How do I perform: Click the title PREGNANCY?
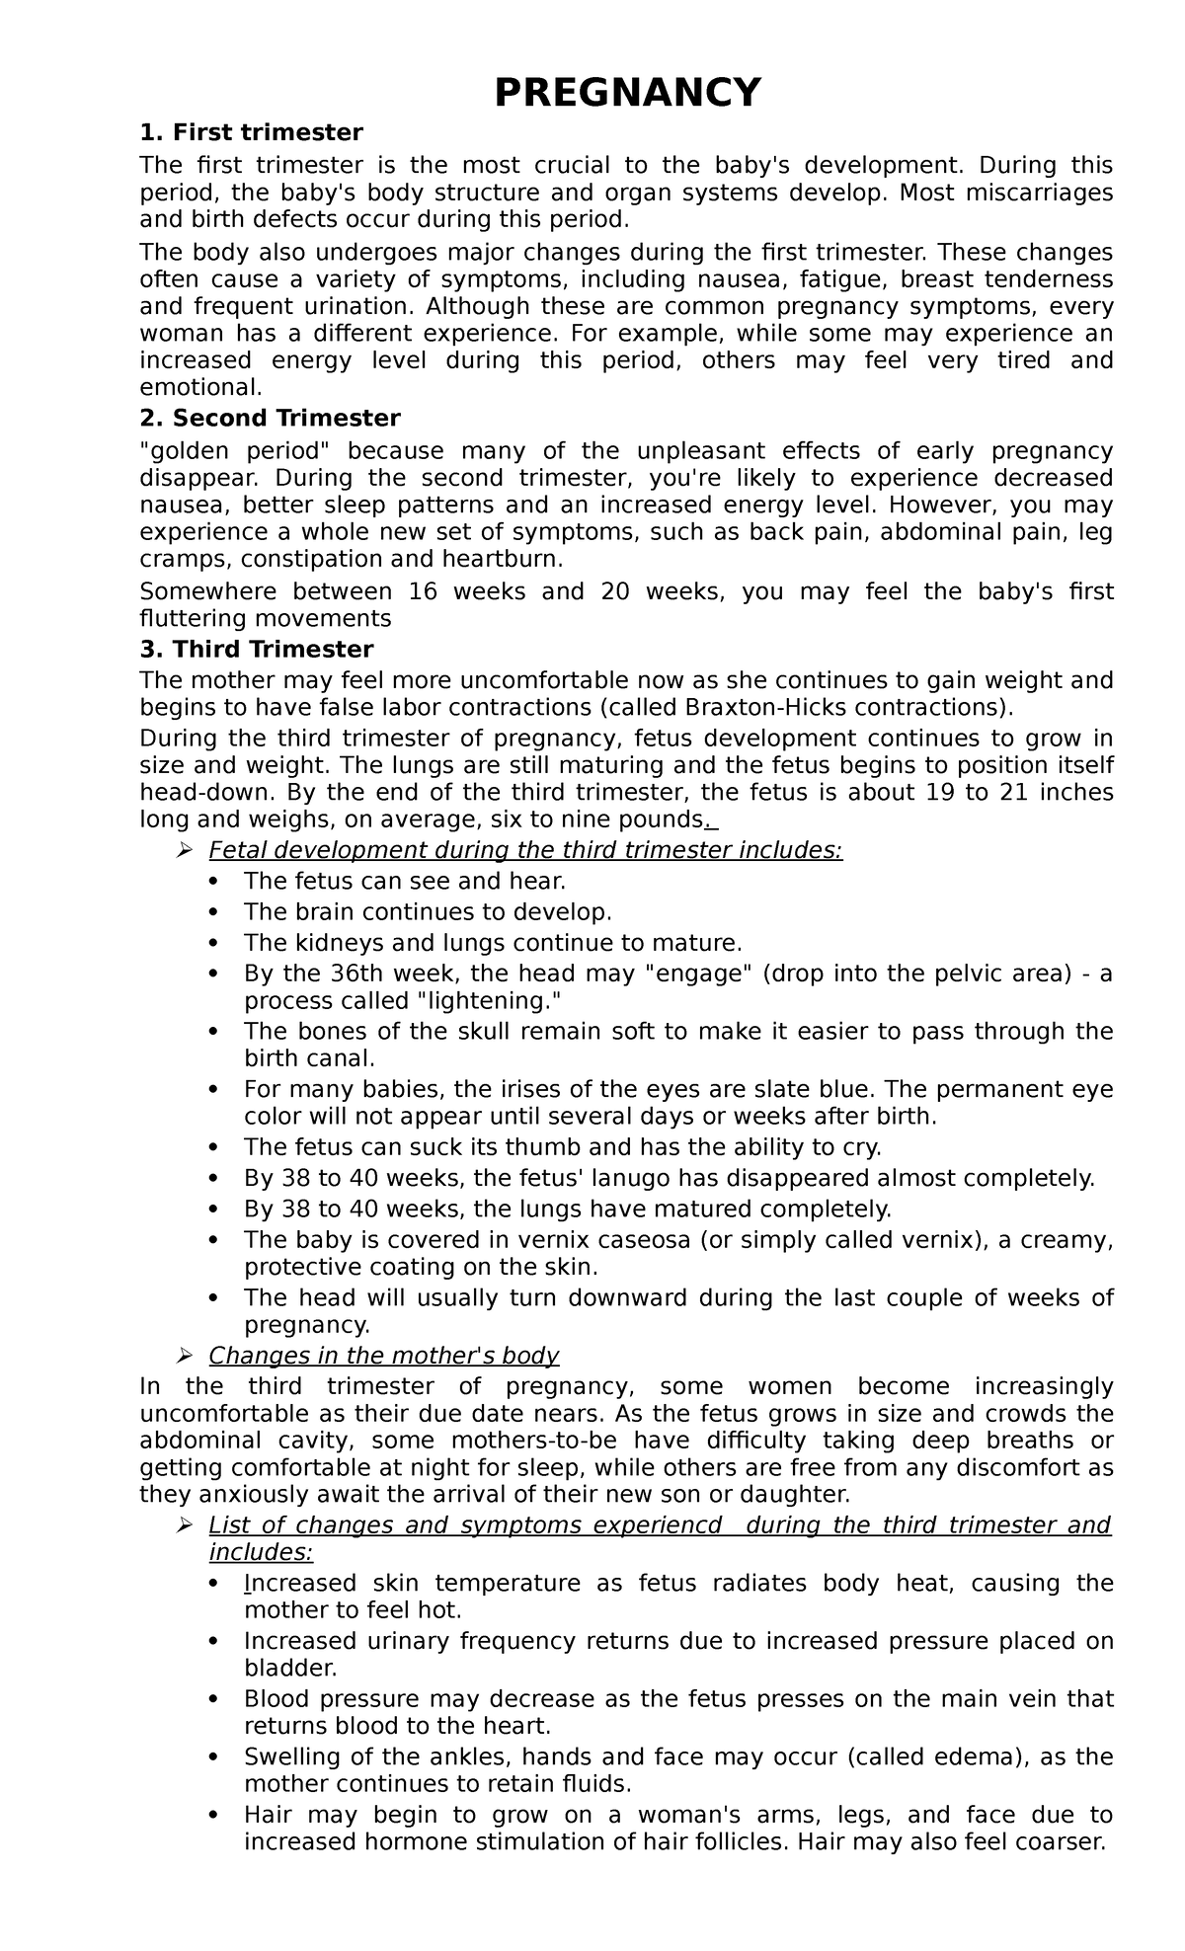coord(627,93)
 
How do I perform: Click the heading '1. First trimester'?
coord(252,132)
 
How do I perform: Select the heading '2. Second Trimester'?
coord(270,418)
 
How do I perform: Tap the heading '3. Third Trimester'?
coord(257,650)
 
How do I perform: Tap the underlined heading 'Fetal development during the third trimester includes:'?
coord(525,850)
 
